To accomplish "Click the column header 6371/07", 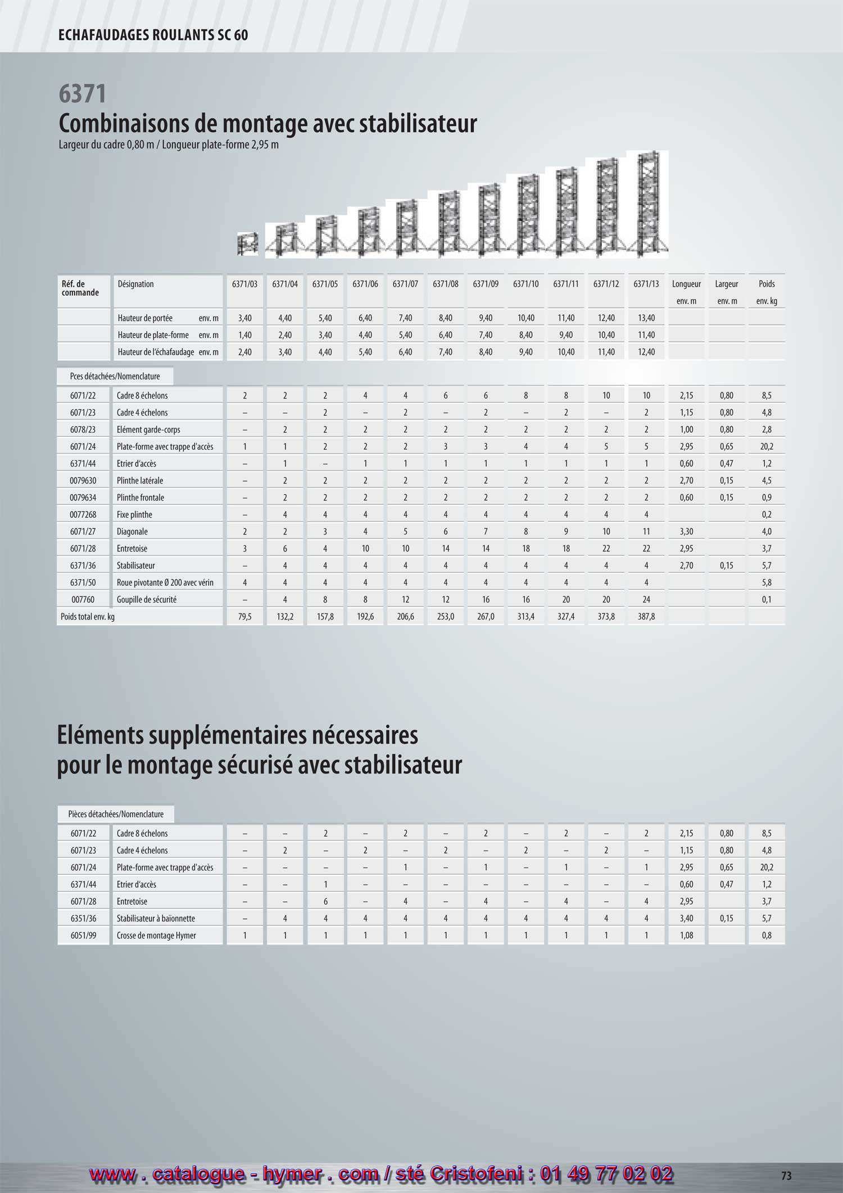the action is (405, 284).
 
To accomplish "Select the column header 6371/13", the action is (646, 284).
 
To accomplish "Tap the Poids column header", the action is (767, 284).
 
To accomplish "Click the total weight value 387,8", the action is (646, 617).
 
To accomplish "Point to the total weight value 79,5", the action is (245, 617).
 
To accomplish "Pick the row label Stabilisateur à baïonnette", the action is (156, 918).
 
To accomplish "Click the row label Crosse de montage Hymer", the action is (156, 935).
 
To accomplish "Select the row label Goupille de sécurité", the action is (147, 599).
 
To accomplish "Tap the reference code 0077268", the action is (83, 514).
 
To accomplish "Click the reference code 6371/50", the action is (83, 582).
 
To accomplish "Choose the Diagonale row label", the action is (132, 531).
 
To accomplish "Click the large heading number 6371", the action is (83, 93).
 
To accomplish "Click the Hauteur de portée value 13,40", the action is (646, 318).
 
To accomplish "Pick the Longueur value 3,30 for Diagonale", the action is (686, 531).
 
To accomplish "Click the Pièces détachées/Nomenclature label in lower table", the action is (116, 814).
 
